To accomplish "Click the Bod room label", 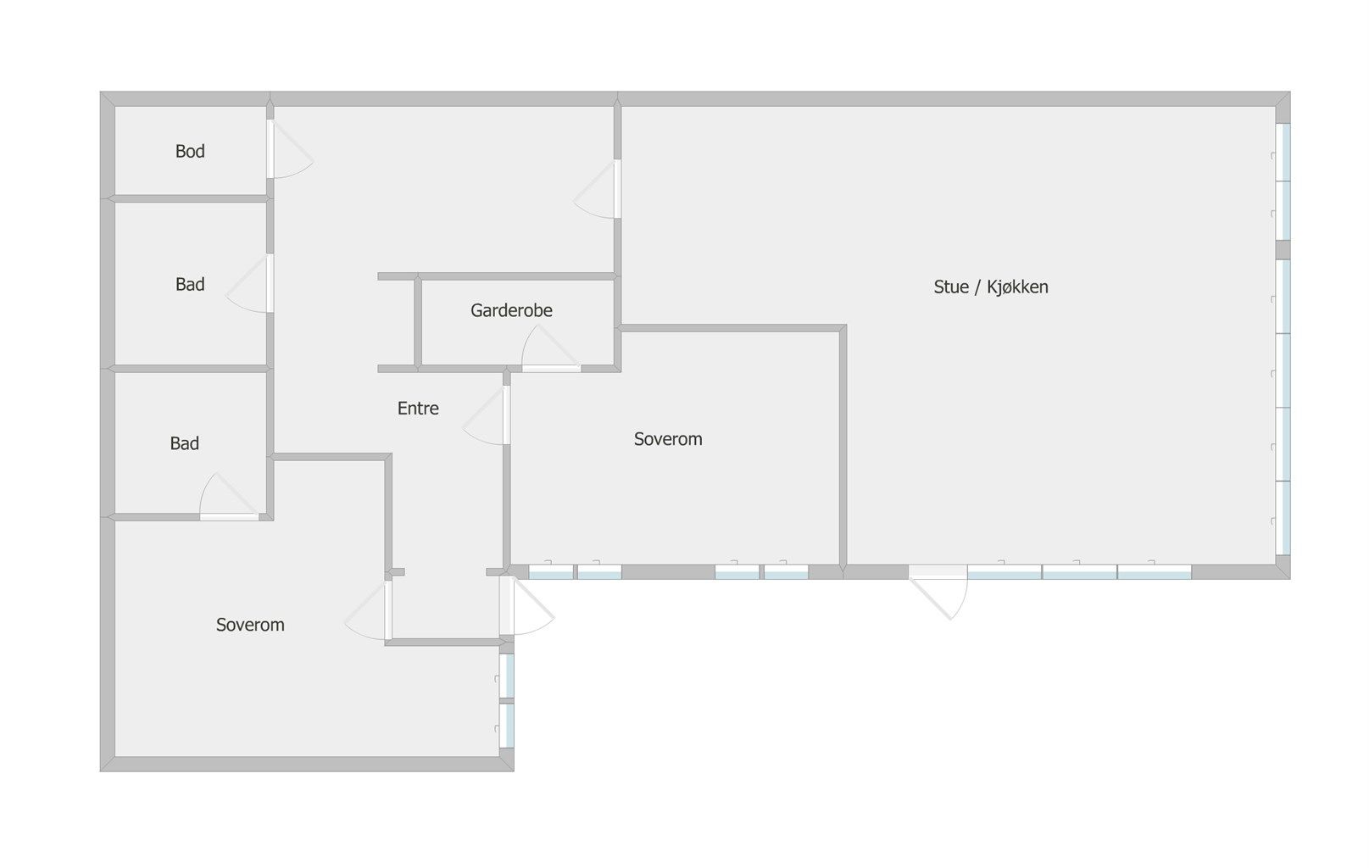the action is tap(190, 151).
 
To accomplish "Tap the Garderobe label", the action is tap(511, 310).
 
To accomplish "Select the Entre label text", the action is tap(418, 409).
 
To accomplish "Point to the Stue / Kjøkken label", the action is tap(991, 287).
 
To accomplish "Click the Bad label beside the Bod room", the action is tap(190, 284).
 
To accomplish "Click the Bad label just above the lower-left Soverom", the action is tap(185, 443).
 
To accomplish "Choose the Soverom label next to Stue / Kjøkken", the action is tap(668, 439).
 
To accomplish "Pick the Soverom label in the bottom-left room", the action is tap(250, 625).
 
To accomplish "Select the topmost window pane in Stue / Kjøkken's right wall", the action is tap(1283, 153).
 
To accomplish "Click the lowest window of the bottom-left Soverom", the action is tap(507, 726).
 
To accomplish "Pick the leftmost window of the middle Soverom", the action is tap(551, 572).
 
